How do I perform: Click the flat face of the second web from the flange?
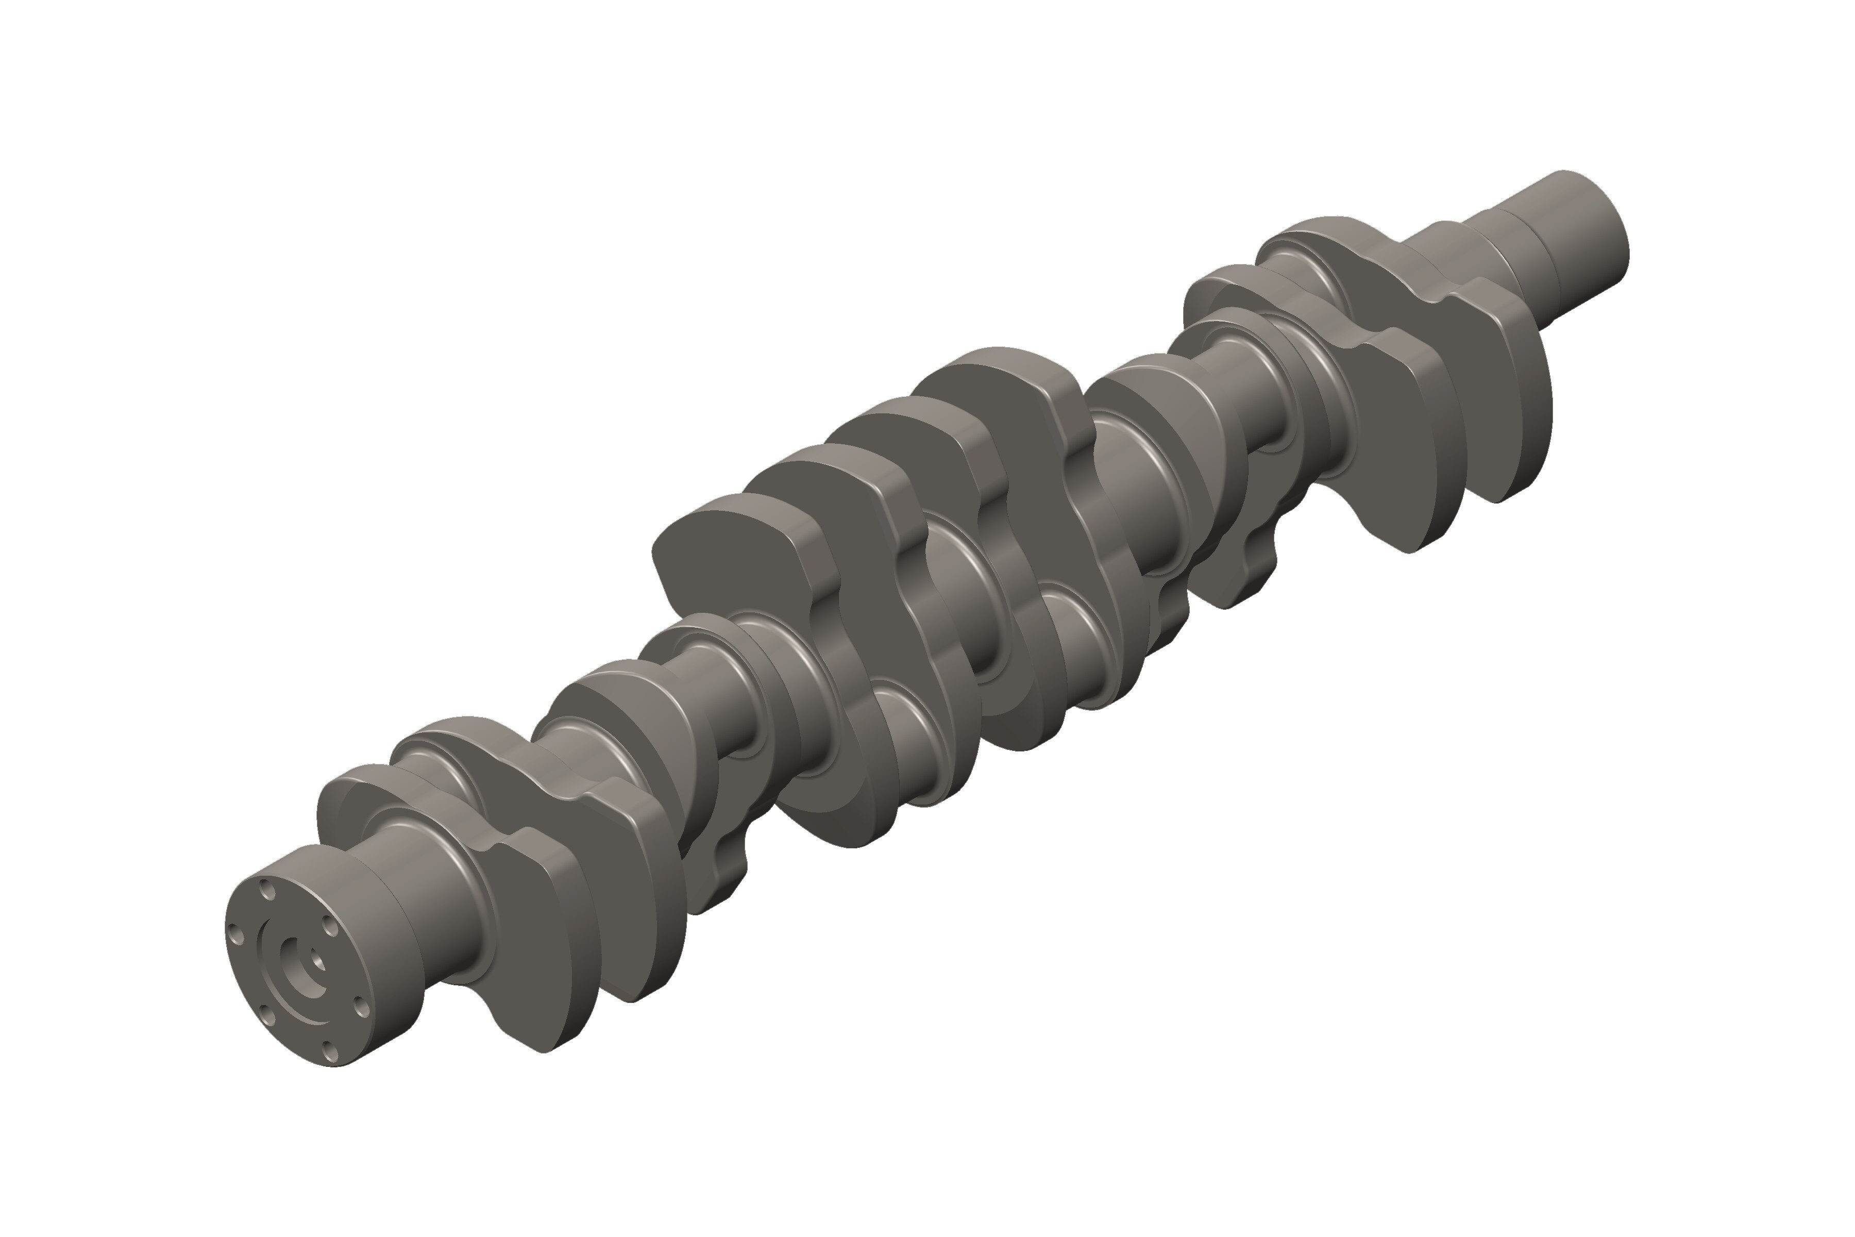631,836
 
